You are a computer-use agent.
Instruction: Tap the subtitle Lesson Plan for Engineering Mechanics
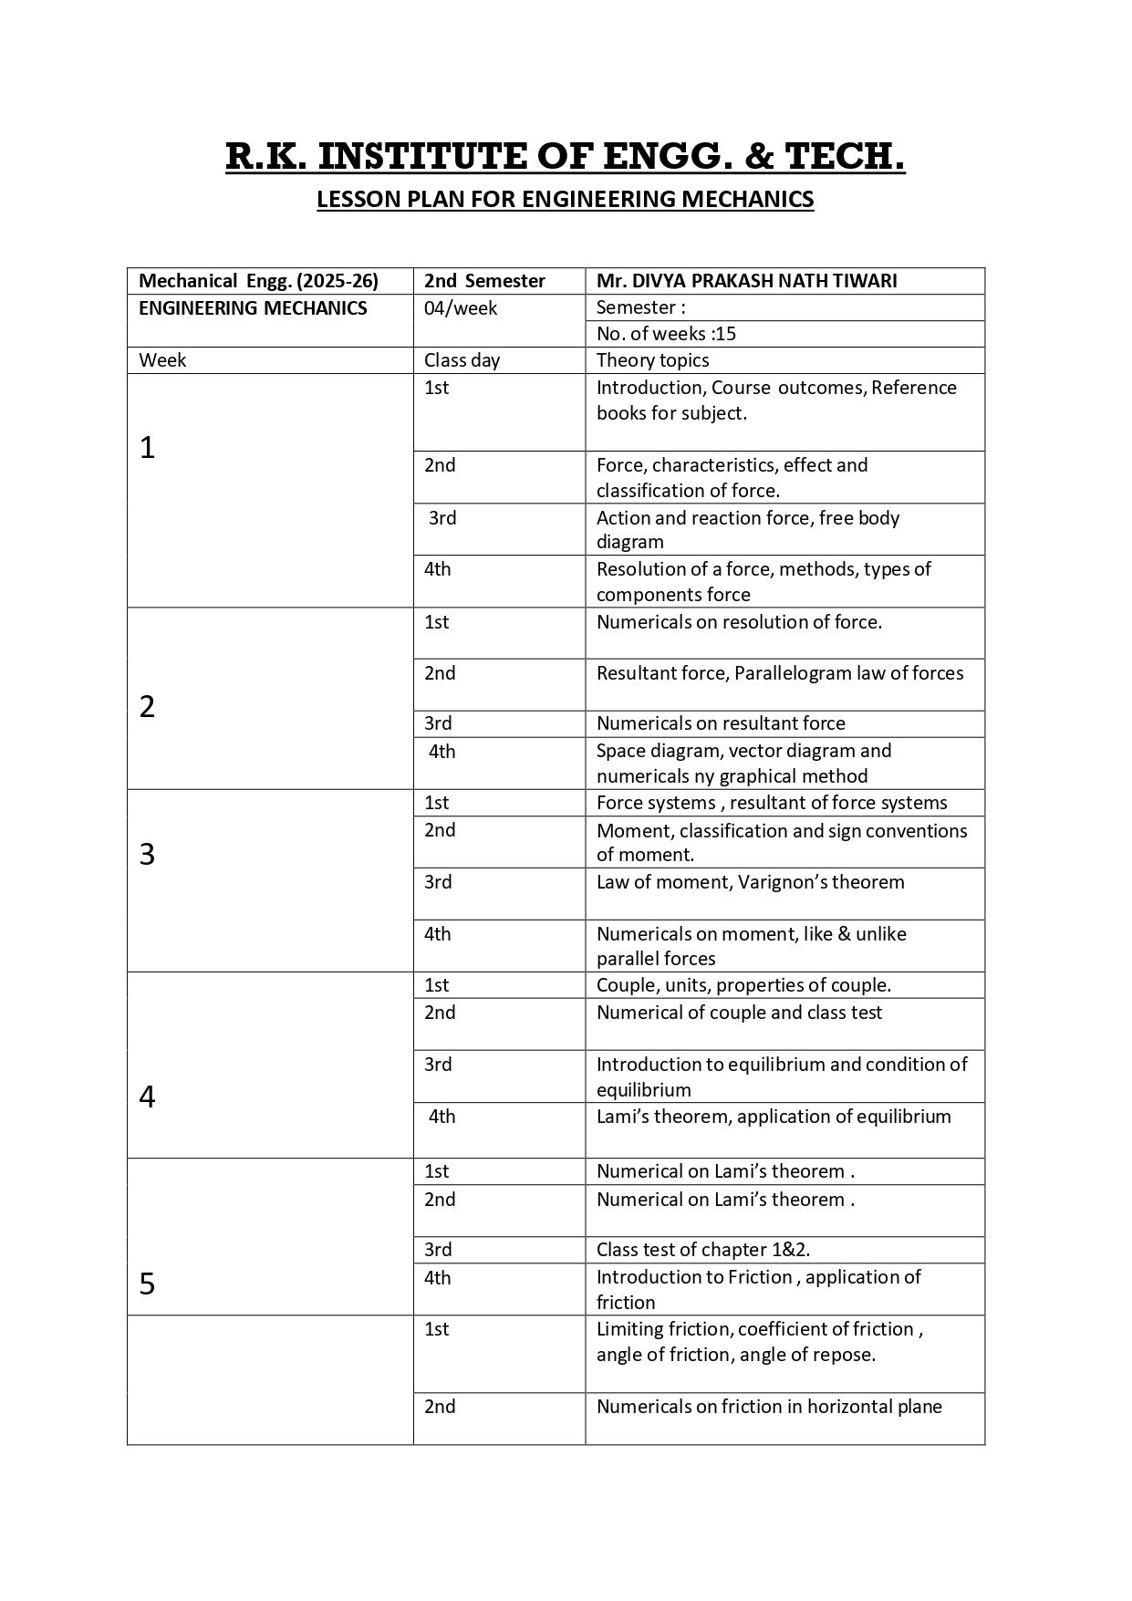(565, 200)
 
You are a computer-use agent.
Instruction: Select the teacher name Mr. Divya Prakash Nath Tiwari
(746, 281)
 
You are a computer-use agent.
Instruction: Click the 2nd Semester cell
(484, 281)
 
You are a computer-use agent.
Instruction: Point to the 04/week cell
(461, 308)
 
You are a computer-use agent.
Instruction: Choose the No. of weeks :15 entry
(666, 334)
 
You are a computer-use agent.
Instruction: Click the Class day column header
(462, 360)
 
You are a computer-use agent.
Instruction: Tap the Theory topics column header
(652, 360)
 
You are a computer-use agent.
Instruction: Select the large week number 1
(148, 448)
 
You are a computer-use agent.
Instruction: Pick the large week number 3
(148, 855)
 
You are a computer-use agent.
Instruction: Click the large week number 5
(148, 1284)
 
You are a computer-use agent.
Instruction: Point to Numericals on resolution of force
(739, 622)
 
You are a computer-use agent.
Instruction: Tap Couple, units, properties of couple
(743, 985)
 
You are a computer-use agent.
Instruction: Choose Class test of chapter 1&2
(703, 1250)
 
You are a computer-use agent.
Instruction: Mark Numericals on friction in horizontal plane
(769, 1407)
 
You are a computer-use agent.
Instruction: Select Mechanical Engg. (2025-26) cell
(258, 281)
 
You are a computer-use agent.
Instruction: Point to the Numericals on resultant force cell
(721, 723)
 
